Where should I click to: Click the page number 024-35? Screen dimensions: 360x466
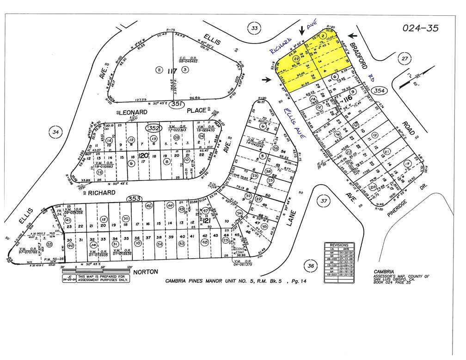(420, 28)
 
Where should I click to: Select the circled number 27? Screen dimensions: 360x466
(405, 59)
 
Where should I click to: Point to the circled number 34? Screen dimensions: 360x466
(56, 132)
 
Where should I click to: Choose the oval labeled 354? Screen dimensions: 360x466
(380, 91)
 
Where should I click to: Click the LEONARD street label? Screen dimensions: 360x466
(135, 112)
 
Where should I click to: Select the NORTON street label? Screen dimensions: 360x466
(146, 272)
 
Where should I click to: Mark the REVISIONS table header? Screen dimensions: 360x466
(339, 245)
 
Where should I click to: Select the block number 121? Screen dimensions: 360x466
(207, 223)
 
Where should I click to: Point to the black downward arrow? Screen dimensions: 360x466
(302, 30)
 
